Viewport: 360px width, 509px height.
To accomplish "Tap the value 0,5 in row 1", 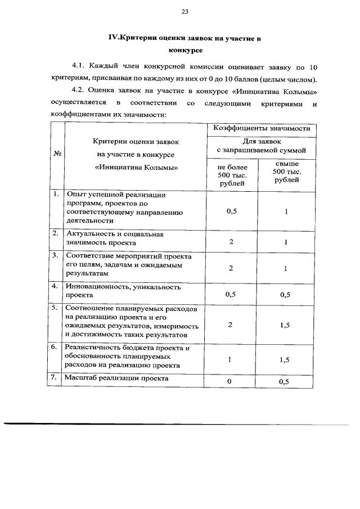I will tap(231, 211).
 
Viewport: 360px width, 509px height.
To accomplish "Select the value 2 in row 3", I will tap(231, 268).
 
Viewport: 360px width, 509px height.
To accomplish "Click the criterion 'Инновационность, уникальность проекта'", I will tap(123, 290).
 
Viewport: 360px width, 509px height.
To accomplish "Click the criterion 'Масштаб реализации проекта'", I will tap(118, 378).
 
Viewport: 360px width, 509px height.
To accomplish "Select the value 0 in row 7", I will tap(231, 382).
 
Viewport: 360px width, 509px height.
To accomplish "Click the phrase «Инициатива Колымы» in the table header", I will tap(133, 167).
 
